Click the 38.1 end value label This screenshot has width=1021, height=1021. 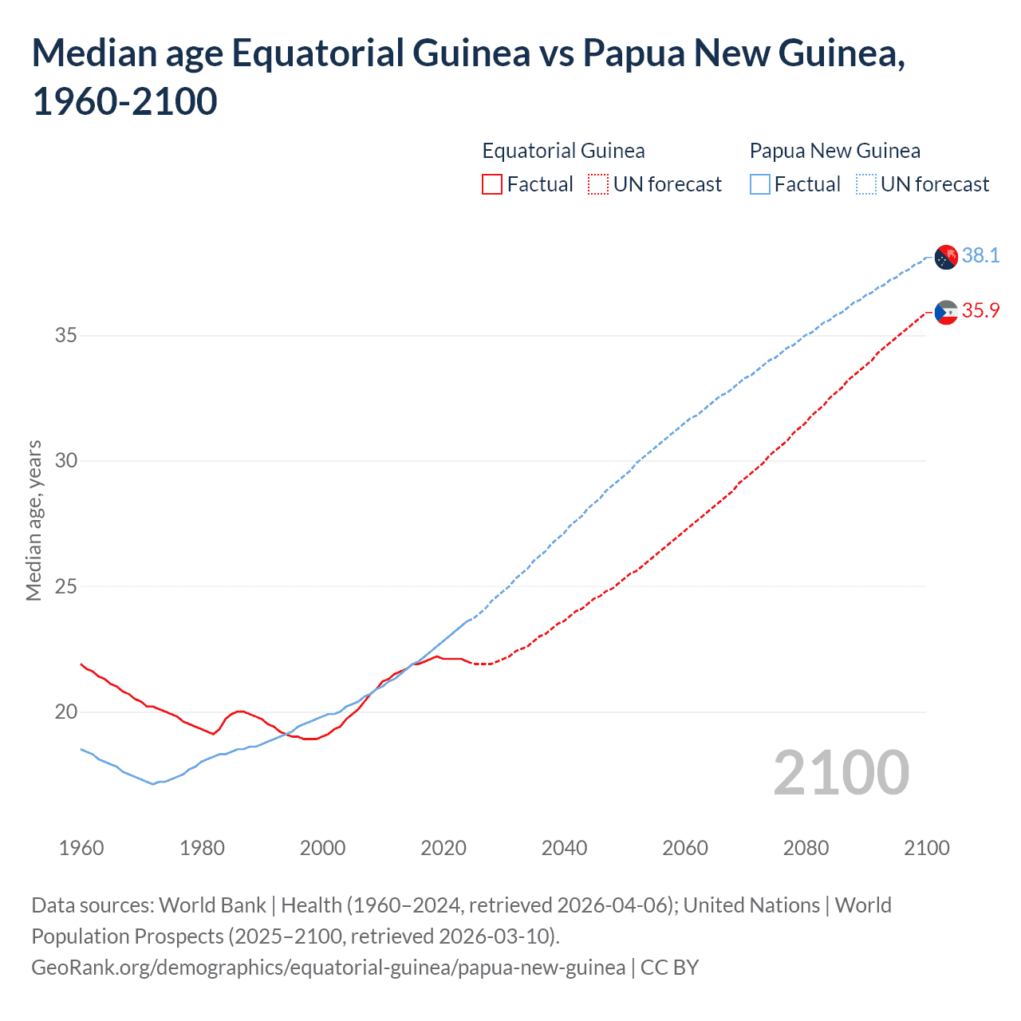[x=980, y=255]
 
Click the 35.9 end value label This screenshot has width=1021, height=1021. [x=980, y=310]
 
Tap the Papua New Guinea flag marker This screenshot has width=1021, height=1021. [x=946, y=257]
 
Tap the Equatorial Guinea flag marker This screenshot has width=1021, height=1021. [x=946, y=312]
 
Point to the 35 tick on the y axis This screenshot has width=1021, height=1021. [x=66, y=335]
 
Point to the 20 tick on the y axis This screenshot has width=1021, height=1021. [x=66, y=712]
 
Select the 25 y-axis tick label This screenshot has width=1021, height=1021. [x=66, y=586]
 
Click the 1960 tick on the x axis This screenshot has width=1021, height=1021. [x=81, y=848]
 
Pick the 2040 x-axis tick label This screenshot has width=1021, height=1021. [x=564, y=848]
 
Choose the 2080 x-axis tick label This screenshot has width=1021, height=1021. [x=806, y=848]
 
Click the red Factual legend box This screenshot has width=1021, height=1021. [x=492, y=185]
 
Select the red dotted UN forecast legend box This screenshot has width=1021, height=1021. [x=598, y=185]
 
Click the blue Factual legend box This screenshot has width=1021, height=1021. [x=760, y=185]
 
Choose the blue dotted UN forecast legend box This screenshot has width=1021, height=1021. [x=866, y=185]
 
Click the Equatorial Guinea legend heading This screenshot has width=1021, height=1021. [x=563, y=151]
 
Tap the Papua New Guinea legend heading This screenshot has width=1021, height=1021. [x=834, y=151]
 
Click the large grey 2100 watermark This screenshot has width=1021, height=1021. [x=841, y=772]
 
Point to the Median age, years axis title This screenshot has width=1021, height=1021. [x=34, y=520]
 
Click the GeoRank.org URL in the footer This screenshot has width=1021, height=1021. [x=328, y=968]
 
